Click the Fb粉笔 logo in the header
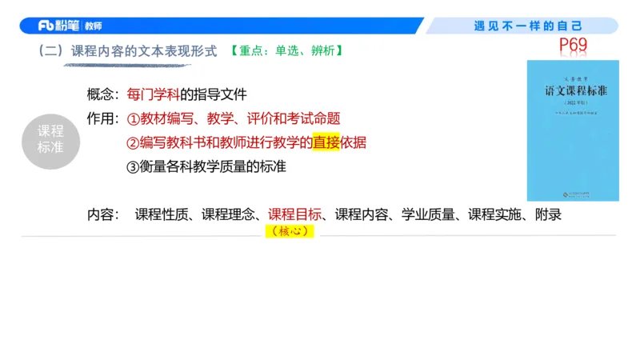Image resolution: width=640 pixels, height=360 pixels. point(59,26)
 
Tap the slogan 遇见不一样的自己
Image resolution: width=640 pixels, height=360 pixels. point(528,26)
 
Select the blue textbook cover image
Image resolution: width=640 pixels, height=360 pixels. point(574,130)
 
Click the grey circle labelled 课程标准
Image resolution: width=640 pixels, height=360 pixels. point(50,140)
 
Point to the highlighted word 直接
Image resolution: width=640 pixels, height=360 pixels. point(326,143)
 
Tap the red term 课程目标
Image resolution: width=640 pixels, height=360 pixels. point(294,214)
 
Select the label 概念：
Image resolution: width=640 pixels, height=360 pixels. point(103,94)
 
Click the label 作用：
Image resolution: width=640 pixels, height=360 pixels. point(103,118)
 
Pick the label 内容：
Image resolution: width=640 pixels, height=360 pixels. point(103,214)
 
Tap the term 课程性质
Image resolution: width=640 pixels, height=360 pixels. point(162,214)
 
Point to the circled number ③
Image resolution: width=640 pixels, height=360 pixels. point(133,167)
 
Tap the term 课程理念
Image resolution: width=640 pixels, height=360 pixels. point(228,214)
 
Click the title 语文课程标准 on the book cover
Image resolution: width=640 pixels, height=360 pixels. point(574,91)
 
